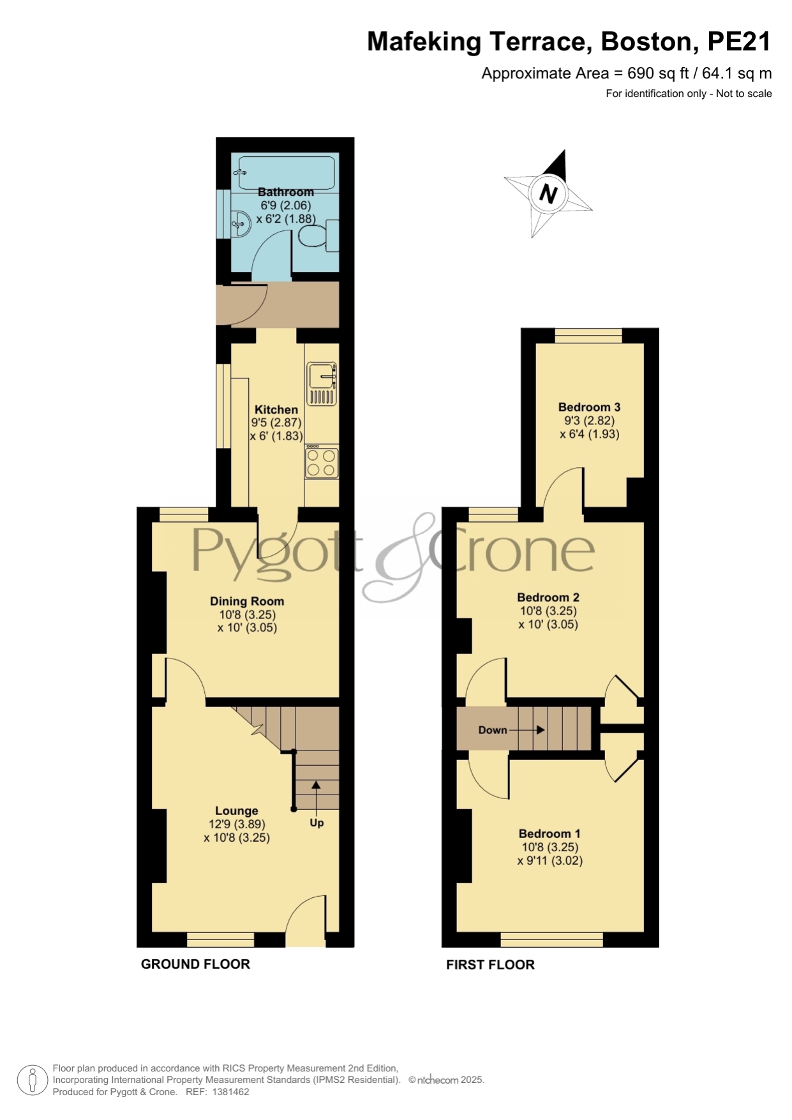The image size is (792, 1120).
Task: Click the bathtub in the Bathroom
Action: pyautogui.click(x=285, y=172)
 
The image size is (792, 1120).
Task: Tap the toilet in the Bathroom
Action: pyautogui.click(x=318, y=235)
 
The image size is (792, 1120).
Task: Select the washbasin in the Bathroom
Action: pyautogui.click(x=239, y=221)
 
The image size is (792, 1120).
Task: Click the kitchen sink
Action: pyautogui.click(x=322, y=384)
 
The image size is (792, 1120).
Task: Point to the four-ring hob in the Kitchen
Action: pyautogui.click(x=322, y=461)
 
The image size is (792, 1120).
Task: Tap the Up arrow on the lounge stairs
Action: pyautogui.click(x=316, y=795)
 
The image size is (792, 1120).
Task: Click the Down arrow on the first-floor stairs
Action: pyautogui.click(x=527, y=730)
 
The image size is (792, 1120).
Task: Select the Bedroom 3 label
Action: pyautogui.click(x=589, y=407)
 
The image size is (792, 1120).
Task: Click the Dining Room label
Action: pyautogui.click(x=247, y=601)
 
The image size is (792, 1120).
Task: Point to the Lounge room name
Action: pyautogui.click(x=237, y=811)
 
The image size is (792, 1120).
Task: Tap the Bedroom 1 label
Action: pyautogui.click(x=549, y=833)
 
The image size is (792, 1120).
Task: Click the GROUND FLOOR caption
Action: pyautogui.click(x=195, y=964)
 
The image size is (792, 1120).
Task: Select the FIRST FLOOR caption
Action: pyautogui.click(x=490, y=965)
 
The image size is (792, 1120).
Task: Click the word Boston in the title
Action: pyautogui.click(x=646, y=42)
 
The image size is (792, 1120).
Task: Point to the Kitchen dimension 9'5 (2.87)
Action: pyautogui.click(x=276, y=422)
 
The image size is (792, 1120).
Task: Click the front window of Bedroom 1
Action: pyautogui.click(x=552, y=939)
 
